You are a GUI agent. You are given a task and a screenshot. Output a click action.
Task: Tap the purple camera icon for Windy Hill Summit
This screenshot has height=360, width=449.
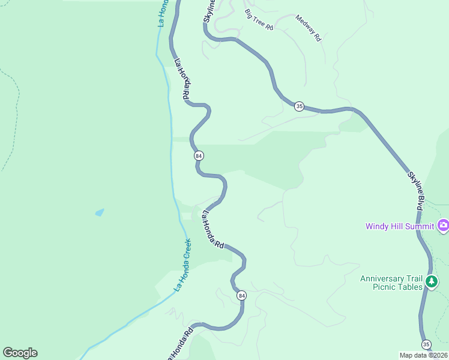click(x=444, y=226)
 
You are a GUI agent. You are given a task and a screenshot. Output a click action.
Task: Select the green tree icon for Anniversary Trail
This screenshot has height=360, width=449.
click(x=431, y=281)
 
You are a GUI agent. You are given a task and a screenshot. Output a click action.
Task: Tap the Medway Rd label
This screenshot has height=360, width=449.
click(x=309, y=28)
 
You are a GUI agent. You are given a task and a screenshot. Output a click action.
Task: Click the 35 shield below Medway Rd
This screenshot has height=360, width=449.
click(x=299, y=106)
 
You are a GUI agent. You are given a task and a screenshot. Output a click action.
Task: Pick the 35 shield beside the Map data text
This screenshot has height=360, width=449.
click(x=426, y=344)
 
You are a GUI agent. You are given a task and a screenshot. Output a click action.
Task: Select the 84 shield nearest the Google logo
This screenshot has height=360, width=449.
click(x=241, y=295)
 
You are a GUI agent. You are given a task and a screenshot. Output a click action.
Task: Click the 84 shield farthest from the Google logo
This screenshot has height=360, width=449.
click(x=199, y=155)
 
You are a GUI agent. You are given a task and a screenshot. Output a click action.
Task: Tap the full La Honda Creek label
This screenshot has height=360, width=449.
click(x=183, y=265)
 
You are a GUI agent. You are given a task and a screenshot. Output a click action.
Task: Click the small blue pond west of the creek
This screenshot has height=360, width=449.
click(x=99, y=212)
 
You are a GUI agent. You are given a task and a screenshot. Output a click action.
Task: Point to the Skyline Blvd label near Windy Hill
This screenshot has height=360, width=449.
click(x=415, y=191)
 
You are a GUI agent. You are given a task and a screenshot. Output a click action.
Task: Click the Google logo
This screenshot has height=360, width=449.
click(x=20, y=353)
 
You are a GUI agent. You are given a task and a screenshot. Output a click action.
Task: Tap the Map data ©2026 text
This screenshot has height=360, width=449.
click(x=423, y=355)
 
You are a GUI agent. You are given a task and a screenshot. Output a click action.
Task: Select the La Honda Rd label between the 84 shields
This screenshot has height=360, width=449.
click(x=212, y=229)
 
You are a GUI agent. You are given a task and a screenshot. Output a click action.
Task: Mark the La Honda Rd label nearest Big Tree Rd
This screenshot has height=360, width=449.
click(x=182, y=79)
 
